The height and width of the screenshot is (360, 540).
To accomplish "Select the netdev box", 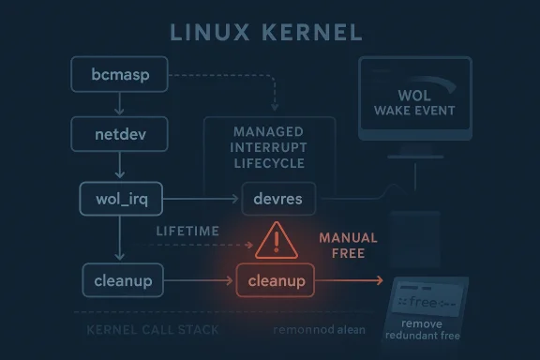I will (x=118, y=134).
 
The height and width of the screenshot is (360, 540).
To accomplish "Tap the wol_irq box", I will (x=118, y=199).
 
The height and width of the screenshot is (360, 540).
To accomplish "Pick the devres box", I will (x=277, y=199).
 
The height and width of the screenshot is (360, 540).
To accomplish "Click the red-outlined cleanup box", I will (x=277, y=279).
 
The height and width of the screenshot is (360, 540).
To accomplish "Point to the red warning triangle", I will (x=276, y=241).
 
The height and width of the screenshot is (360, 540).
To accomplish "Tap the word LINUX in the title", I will (x=205, y=33).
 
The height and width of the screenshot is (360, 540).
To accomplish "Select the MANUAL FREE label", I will (x=348, y=246).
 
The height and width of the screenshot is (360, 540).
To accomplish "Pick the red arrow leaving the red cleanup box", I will (x=352, y=279).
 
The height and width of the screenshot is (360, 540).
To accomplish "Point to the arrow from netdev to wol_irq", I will (x=118, y=166).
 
